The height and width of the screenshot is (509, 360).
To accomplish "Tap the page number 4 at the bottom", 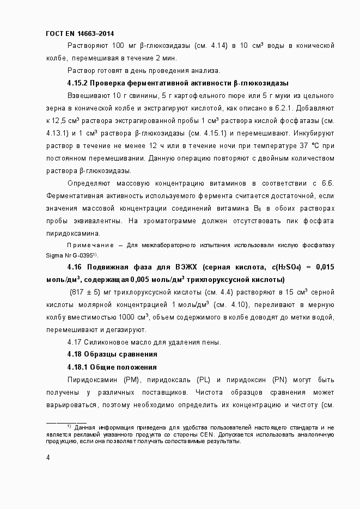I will pos(48,458).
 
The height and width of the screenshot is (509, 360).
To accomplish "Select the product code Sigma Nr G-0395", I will pos(70,255).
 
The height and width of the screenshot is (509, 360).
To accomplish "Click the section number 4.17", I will pos(75,342).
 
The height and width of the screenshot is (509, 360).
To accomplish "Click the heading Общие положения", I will pos(123,367).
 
